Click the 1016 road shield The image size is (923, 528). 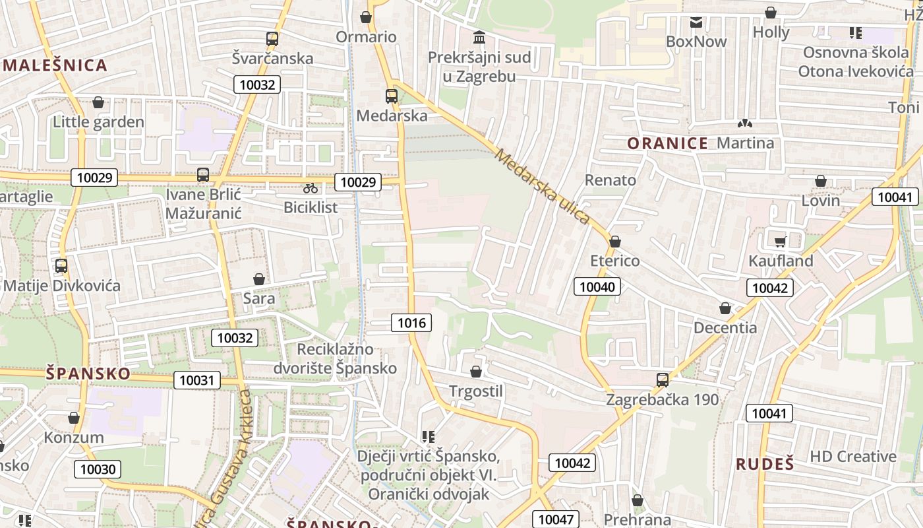(412, 323)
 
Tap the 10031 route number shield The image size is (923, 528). (196, 380)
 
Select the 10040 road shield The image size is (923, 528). (597, 286)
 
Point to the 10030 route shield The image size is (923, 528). (98, 469)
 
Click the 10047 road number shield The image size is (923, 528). (556, 519)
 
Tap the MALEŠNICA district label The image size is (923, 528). (55, 65)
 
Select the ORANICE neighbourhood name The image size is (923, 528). (667, 143)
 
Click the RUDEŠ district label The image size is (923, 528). (765, 464)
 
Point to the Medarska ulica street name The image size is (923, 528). (541, 187)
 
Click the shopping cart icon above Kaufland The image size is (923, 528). (781, 242)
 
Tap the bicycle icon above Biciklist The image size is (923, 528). (311, 189)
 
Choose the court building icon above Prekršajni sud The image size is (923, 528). (479, 37)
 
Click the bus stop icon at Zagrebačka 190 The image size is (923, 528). (663, 380)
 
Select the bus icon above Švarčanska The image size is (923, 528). (272, 39)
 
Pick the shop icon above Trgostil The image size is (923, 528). (476, 372)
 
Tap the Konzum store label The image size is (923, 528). (74, 438)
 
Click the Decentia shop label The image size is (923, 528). (725, 327)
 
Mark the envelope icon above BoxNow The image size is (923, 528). (696, 22)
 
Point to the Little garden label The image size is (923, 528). (98, 122)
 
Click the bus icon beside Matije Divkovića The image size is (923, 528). (61, 266)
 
